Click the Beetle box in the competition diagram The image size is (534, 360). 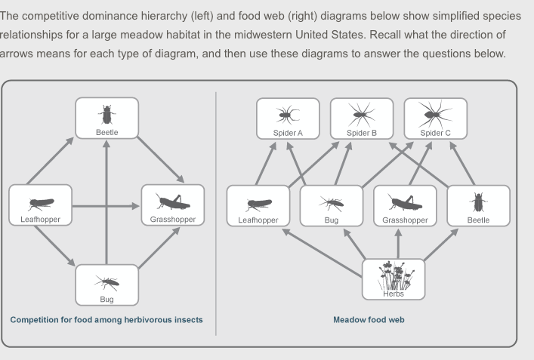pyautogui.click(x=106, y=118)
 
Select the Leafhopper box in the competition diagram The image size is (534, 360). pyautogui.click(x=40, y=205)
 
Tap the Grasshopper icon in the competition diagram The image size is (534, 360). pyautogui.click(x=173, y=202)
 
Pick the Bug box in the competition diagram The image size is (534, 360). pyautogui.click(x=106, y=285)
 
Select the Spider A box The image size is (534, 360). pyautogui.click(x=288, y=118)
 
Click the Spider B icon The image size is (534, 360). pyautogui.click(x=362, y=114)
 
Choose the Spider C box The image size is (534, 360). pyautogui.click(x=436, y=118)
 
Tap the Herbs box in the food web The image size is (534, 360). pyautogui.click(x=394, y=279)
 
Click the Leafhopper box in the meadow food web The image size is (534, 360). pyautogui.click(x=258, y=205)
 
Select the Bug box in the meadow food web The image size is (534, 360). pyautogui.click(x=332, y=205)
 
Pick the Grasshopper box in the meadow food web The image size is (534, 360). pyautogui.click(x=405, y=205)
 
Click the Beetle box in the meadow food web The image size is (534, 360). pyautogui.click(x=478, y=205)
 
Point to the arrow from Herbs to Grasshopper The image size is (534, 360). pyautogui.click(x=398, y=243)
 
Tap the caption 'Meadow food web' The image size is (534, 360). pyautogui.click(x=369, y=320)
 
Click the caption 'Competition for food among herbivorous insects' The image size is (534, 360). pyautogui.click(x=106, y=320)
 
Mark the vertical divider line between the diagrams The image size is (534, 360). pyautogui.click(x=216, y=211)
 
